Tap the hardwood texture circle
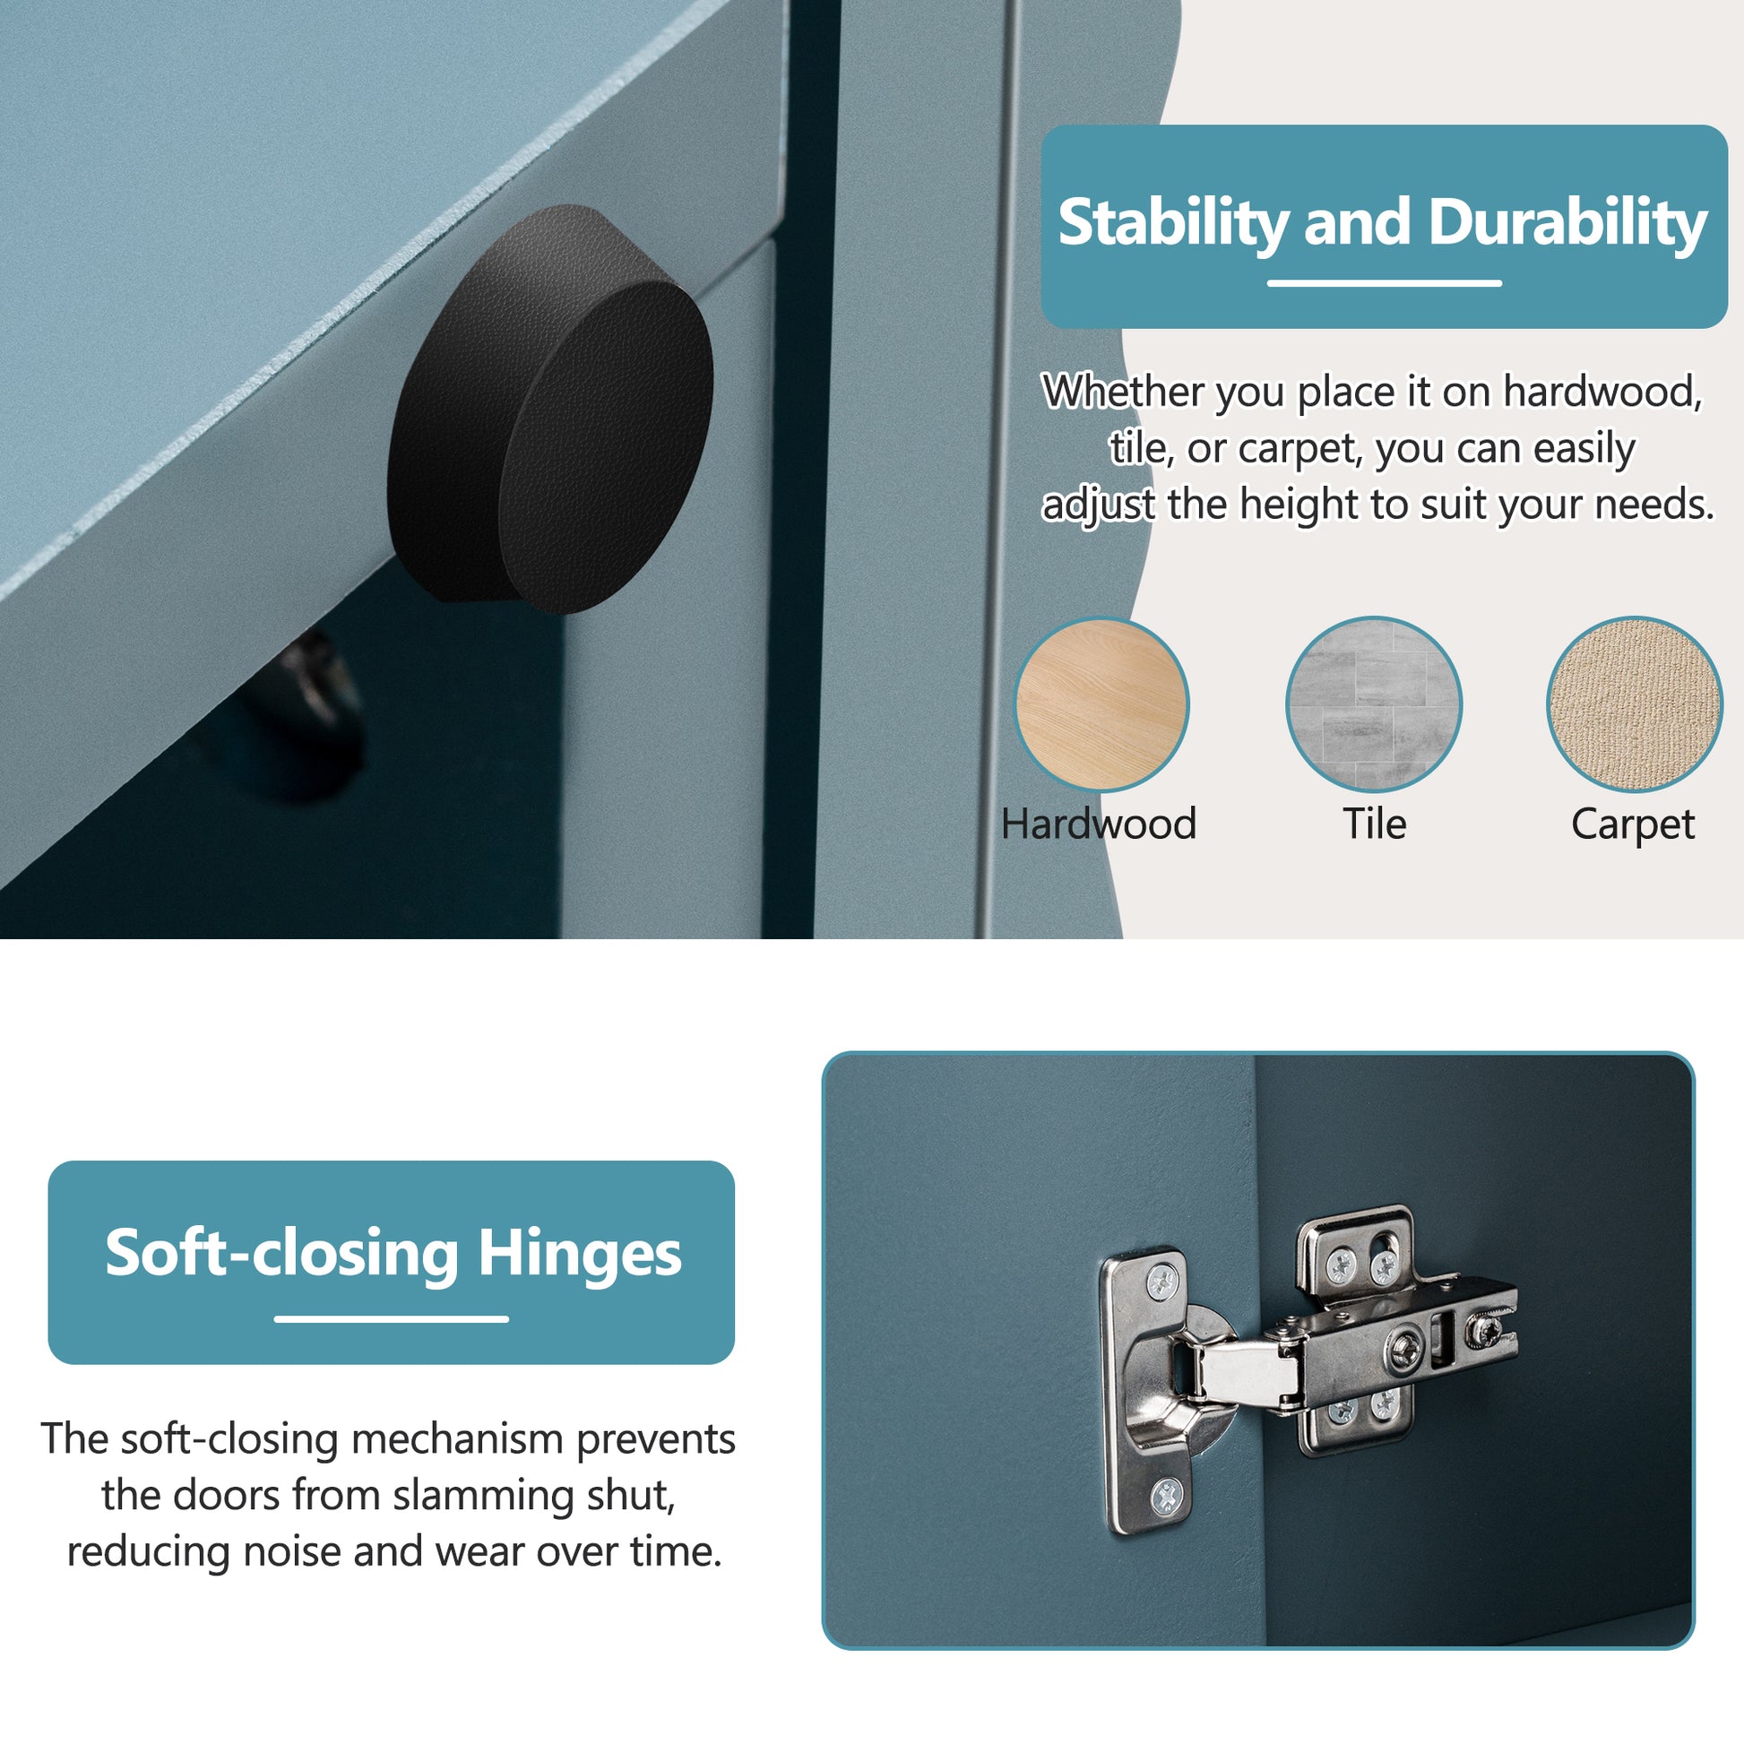click(1101, 704)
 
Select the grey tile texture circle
click(1373, 704)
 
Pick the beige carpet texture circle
click(1634, 704)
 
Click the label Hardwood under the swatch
click(1099, 825)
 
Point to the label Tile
click(1374, 825)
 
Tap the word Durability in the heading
click(1567, 223)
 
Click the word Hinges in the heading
click(580, 1254)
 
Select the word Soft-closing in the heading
click(281, 1254)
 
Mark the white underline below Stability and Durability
click(1384, 283)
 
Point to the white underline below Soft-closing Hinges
click(391, 1319)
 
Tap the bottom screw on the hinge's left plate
click(1167, 1498)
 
